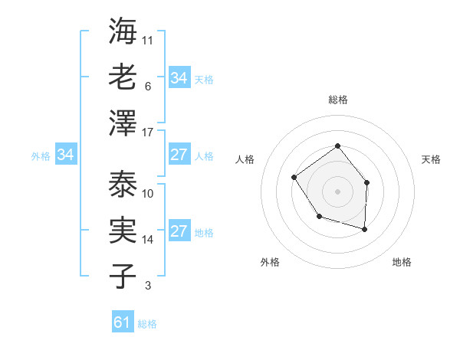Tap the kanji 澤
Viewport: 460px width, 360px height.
click(122, 123)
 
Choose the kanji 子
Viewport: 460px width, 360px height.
click(122, 276)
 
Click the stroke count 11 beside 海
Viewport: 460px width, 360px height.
click(148, 39)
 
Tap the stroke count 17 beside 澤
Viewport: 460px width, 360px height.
click(148, 133)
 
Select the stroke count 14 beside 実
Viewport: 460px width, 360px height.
click(148, 240)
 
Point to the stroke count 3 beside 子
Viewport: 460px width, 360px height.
click(147, 286)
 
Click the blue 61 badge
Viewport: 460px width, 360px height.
click(123, 322)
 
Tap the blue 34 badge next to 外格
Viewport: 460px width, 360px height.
click(65, 155)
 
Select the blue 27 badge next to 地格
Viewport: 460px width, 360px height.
click(179, 231)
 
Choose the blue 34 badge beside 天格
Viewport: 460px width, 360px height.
click(179, 77)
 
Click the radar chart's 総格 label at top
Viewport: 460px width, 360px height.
click(337, 100)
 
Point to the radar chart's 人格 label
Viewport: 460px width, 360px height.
click(245, 159)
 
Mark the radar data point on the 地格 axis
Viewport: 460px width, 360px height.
click(365, 229)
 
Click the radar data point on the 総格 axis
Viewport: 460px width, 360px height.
click(337, 146)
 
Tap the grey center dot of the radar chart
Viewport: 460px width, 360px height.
click(337, 191)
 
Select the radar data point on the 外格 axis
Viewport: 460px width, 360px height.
click(319, 217)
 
